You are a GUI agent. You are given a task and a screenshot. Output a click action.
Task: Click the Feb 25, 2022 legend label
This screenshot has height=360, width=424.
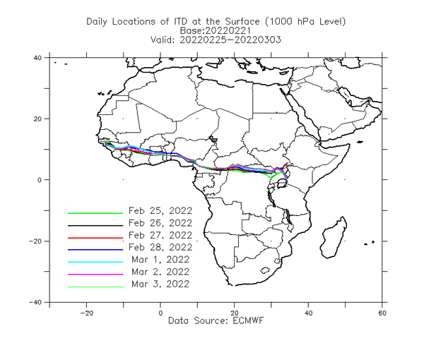tap(160, 210)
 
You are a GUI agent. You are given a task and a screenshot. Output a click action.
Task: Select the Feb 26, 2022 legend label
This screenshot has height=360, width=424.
tap(160, 223)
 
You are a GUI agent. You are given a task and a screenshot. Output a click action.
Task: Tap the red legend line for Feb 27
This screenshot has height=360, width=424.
tap(95, 238)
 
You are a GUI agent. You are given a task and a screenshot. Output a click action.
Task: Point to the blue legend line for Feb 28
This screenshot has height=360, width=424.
tap(95, 250)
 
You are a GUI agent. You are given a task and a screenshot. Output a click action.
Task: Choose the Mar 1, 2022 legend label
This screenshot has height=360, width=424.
tap(160, 260)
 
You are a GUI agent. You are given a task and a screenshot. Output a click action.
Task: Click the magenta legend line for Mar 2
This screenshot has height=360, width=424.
tap(95, 275)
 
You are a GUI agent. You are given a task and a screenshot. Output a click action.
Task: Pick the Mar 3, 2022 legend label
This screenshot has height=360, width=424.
tap(160, 284)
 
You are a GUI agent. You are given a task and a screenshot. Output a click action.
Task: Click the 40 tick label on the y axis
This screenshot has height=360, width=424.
tap(37, 58)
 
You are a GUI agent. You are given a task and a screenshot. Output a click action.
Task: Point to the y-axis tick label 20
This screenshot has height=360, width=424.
tap(37, 119)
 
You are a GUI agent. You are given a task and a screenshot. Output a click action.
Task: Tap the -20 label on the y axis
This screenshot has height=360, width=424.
tap(35, 241)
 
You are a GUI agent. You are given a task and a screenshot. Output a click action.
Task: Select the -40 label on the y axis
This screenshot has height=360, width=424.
tap(35, 303)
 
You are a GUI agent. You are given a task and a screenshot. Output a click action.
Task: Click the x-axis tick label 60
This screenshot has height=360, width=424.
tap(382, 313)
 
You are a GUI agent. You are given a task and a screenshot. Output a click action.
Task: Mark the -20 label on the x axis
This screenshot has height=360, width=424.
tap(86, 313)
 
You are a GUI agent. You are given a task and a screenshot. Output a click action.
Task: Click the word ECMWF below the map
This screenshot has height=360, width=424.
tap(248, 321)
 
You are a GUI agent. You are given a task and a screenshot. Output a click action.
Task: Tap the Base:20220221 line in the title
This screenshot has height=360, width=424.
tap(216, 30)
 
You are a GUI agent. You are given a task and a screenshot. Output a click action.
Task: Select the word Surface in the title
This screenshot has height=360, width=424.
tap(242, 22)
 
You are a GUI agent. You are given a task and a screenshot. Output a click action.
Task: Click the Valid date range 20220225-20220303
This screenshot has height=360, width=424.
tap(230, 40)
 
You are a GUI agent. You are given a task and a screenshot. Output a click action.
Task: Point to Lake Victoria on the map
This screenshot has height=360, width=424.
tap(282, 184)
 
